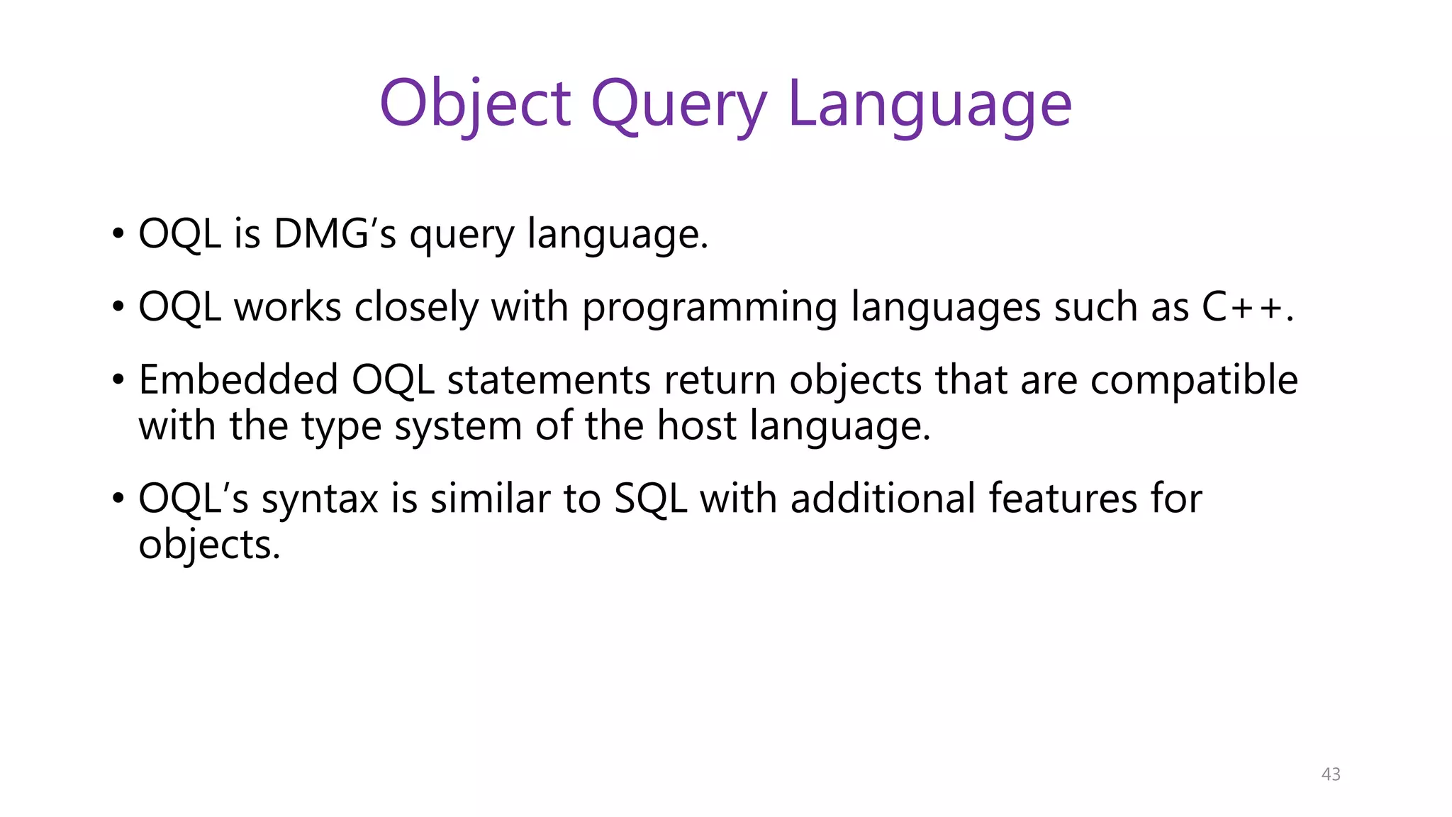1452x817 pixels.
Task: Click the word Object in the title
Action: tap(475, 104)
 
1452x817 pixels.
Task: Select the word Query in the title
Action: tap(678, 104)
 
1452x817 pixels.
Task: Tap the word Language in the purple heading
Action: tap(929, 104)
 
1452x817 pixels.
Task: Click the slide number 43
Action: tap(1331, 774)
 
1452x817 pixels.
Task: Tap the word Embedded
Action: tap(238, 379)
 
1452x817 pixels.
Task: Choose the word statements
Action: tap(549, 380)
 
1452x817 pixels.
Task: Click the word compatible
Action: tap(1194, 380)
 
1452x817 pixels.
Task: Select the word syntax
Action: tap(320, 499)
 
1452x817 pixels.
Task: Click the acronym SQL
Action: tap(651, 499)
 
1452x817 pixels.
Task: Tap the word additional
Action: tap(883, 498)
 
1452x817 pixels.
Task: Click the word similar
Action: tap(490, 498)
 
